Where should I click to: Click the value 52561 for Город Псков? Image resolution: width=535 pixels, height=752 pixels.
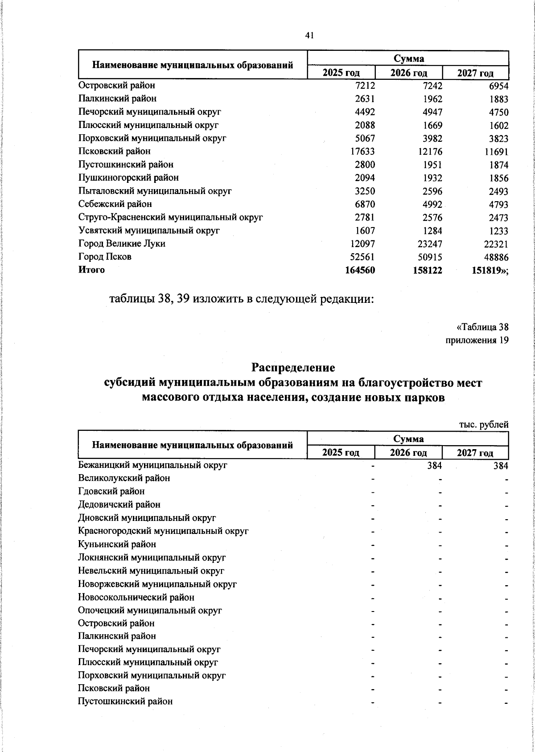click(361, 257)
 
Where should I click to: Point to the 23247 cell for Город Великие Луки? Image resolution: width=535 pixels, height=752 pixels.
click(428, 244)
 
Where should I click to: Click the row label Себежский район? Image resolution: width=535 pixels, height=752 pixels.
click(115, 204)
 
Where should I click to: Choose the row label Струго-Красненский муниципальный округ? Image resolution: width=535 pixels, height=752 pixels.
click(170, 218)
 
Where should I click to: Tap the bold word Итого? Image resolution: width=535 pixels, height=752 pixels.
click(91, 270)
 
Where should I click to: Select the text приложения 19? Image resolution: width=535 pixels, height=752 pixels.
click(477, 341)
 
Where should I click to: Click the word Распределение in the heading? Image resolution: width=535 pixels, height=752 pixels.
click(293, 368)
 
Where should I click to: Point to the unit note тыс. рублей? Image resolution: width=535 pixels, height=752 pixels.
click(484, 425)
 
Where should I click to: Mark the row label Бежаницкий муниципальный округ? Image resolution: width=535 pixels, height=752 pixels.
click(153, 465)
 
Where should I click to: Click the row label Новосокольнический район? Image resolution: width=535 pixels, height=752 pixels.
click(136, 597)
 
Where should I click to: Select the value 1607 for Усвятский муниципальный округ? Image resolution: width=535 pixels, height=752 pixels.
click(363, 231)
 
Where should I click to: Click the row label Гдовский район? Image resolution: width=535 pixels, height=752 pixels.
click(111, 492)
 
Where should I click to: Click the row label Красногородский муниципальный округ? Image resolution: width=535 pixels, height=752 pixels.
click(163, 531)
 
